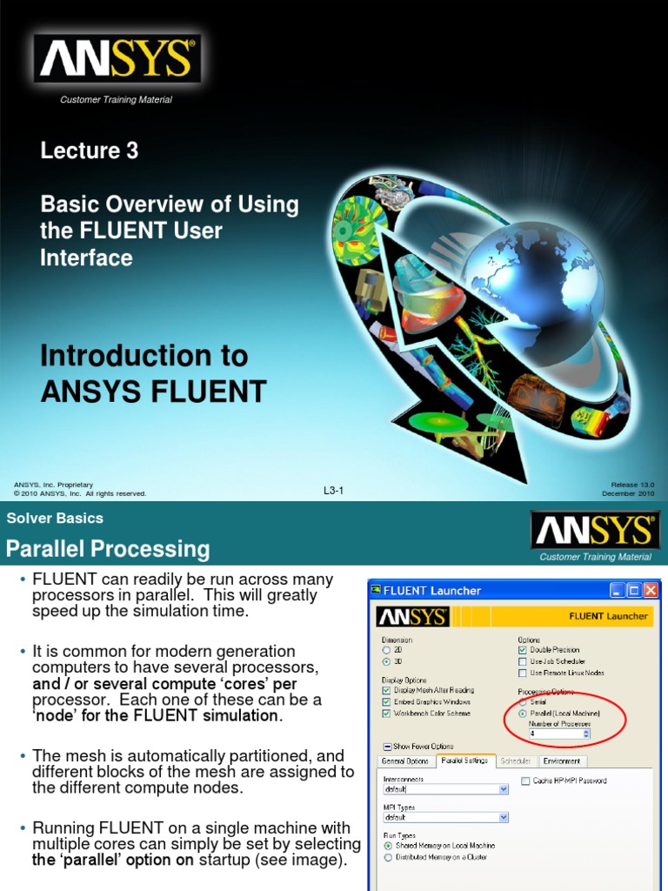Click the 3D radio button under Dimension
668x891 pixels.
[x=386, y=660]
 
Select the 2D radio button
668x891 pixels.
[x=386, y=649]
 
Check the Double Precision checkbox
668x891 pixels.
[x=522, y=649]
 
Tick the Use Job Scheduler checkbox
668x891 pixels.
[x=522, y=661]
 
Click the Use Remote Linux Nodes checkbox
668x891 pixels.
[x=522, y=673]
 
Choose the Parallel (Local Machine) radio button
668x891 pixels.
[x=523, y=713]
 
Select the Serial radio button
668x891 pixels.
[x=523, y=702]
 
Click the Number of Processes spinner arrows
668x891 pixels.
[x=585, y=734]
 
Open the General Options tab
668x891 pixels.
[x=405, y=761]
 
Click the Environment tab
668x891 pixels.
[x=562, y=761]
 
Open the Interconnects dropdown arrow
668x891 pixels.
[x=504, y=790]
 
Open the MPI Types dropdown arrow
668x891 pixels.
[x=504, y=818]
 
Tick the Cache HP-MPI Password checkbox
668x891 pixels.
[x=525, y=781]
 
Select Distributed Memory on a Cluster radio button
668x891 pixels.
[x=388, y=857]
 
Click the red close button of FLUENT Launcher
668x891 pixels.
[x=649, y=591]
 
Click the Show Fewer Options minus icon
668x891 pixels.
[x=387, y=747]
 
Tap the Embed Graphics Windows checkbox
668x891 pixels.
[x=386, y=701]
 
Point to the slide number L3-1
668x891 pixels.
[x=334, y=492]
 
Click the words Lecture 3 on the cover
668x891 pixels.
[x=90, y=151]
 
